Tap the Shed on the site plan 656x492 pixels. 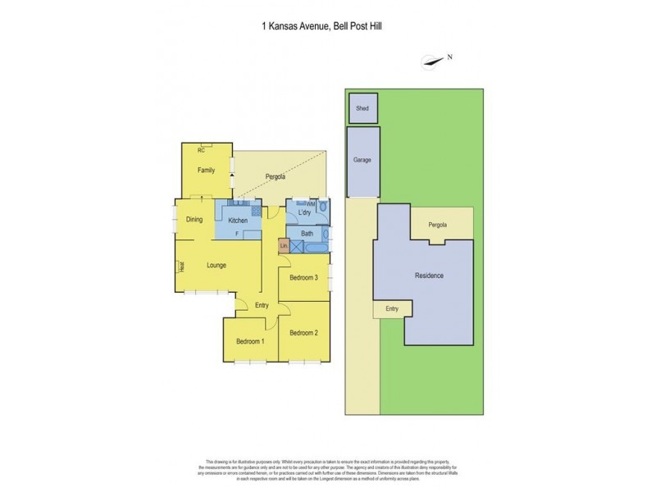pos(362,107)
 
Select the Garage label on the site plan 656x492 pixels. pos(362,160)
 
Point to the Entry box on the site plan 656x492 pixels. pos(391,308)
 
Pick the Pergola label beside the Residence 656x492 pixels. pos(443,224)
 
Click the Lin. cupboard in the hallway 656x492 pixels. pos(284,246)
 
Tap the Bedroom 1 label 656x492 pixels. pos(250,341)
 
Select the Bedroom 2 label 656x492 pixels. pos(303,333)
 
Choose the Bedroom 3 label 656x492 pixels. pos(303,278)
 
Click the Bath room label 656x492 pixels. pos(307,234)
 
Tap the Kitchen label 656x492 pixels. pos(238,221)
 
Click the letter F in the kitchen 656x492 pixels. pos(237,234)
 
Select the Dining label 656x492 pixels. pos(194,219)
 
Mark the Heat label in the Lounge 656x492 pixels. pos(182,266)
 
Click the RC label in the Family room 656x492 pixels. pos(201,151)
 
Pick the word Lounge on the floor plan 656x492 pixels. pos(216,265)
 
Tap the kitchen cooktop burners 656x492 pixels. pos(256,211)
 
